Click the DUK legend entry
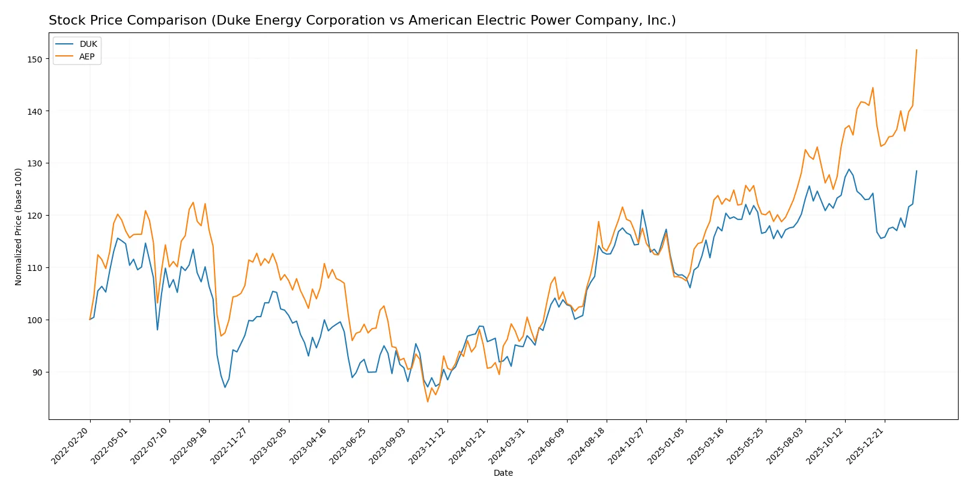pyautogui.click(x=88, y=44)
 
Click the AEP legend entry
pyautogui.click(x=86, y=56)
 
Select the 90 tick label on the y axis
pyautogui.click(x=37, y=372)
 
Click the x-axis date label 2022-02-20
pyautogui.click(x=71, y=446)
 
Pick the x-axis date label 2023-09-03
pyautogui.click(x=389, y=446)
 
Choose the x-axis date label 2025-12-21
pyautogui.click(x=865, y=446)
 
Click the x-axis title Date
pyautogui.click(x=503, y=473)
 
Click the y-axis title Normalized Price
pyautogui.click(x=18, y=226)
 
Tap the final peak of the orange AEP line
pyautogui.click(x=917, y=50)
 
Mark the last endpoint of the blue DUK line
pyautogui.click(x=917, y=171)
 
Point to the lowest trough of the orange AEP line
pyautogui.click(x=428, y=401)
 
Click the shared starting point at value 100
pyautogui.click(x=90, y=319)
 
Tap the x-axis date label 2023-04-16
pyautogui.click(x=309, y=446)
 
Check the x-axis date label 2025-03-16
pyautogui.click(x=706, y=446)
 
